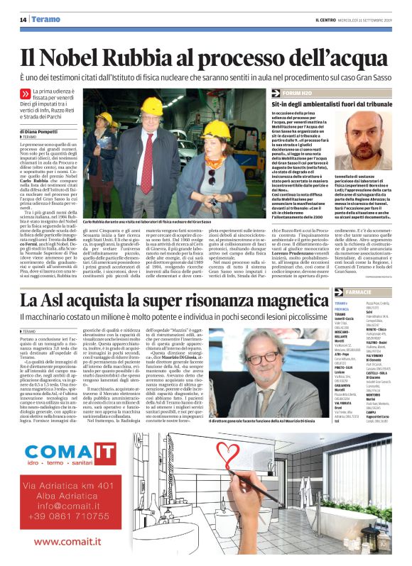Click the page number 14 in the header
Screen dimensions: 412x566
23,20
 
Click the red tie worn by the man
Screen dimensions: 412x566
147,157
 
